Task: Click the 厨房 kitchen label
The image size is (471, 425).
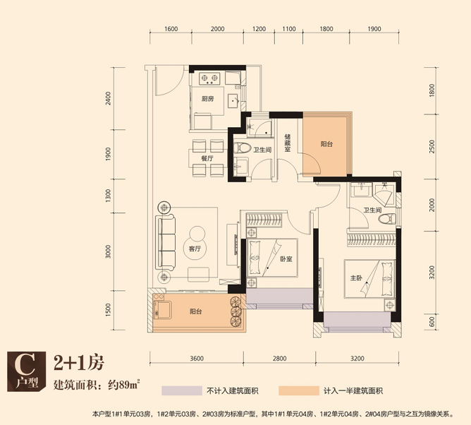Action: click(x=208, y=99)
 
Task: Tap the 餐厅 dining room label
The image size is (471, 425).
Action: click(x=207, y=158)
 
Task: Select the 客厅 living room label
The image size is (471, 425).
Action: click(x=195, y=249)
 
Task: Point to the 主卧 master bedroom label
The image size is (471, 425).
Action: click(x=356, y=277)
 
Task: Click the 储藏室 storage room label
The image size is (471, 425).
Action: click(x=288, y=143)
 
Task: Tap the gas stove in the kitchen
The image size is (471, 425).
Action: click(x=209, y=78)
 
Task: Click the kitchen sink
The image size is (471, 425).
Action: click(x=233, y=101)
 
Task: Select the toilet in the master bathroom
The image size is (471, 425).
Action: click(x=387, y=218)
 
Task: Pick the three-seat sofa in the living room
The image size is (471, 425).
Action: click(x=166, y=242)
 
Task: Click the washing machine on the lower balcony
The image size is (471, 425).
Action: click(x=162, y=311)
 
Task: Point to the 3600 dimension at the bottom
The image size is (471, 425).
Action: click(x=197, y=358)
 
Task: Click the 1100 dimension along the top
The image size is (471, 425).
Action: click(x=289, y=29)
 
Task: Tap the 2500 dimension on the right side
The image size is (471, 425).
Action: click(x=432, y=146)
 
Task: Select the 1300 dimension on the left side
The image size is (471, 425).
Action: click(x=108, y=196)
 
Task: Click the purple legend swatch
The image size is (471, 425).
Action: click(x=182, y=390)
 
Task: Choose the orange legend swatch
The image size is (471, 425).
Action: click(x=298, y=390)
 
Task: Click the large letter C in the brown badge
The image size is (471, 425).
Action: click(x=26, y=364)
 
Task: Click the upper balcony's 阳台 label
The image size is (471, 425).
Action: click(x=326, y=144)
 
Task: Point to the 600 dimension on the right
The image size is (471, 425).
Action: click(x=432, y=322)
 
